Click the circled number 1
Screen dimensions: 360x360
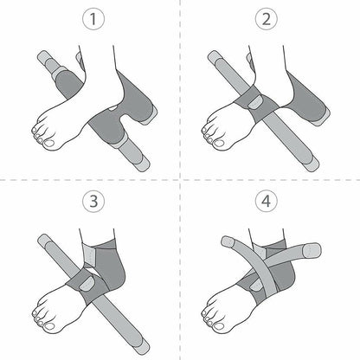tap(93, 19)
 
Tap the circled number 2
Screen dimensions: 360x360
tap(267, 19)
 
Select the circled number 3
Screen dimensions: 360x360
tap(93, 201)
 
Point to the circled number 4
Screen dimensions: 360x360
tap(267, 201)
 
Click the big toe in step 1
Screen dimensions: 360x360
tap(49, 144)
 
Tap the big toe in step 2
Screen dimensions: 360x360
tap(219, 144)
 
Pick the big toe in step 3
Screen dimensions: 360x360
tap(49, 326)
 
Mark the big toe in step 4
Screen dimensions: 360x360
tap(219, 326)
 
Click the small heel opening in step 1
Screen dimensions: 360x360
tap(113, 108)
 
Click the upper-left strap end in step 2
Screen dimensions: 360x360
tap(214, 56)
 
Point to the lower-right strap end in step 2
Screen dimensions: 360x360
tap(312, 165)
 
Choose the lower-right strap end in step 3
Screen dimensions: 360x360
tap(143, 349)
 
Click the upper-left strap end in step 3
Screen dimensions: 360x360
tap(44, 240)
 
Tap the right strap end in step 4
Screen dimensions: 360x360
tap(312, 250)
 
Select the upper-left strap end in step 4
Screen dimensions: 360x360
tap(228, 241)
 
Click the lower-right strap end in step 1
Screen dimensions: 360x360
tap(143, 164)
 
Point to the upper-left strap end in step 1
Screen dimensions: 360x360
tap(43, 56)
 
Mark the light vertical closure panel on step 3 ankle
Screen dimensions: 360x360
tap(89, 254)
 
